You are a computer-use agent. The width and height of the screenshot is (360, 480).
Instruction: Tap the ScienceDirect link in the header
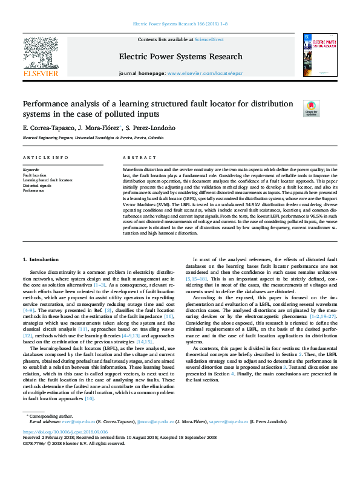209,39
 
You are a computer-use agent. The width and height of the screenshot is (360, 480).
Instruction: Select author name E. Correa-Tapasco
48,128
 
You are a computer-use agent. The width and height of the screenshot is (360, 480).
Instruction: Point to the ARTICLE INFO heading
45,157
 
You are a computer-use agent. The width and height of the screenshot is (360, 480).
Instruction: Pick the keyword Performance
34,190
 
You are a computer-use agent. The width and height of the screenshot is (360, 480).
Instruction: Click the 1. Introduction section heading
41,259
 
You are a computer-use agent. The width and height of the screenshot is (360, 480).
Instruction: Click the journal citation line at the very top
179,24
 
